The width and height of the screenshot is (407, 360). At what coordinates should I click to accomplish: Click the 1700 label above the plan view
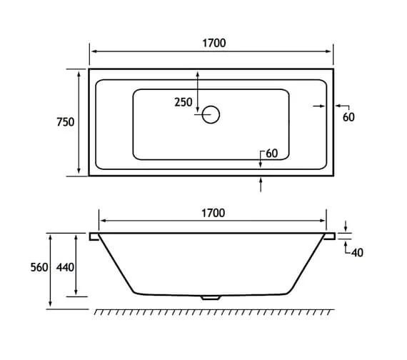[x=213, y=43]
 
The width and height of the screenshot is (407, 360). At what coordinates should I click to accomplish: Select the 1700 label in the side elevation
[x=213, y=212]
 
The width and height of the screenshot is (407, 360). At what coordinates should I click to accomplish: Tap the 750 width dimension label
[x=66, y=122]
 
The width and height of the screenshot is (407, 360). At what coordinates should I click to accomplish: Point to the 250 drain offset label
[x=184, y=102]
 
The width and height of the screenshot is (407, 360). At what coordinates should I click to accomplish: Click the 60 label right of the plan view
[x=348, y=117]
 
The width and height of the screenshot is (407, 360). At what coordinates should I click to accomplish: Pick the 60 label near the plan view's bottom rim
[x=272, y=154]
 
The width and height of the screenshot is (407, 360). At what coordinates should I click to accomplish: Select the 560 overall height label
[x=39, y=267]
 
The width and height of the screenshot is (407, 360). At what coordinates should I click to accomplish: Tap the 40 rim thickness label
[x=358, y=251]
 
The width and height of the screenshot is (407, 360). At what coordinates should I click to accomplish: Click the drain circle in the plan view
[x=212, y=114]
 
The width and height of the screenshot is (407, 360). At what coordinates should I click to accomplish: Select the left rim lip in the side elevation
[x=94, y=236]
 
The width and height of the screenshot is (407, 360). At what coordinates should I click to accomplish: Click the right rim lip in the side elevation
[x=331, y=236]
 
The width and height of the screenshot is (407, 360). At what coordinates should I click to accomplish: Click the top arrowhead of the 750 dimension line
[x=78, y=72]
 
